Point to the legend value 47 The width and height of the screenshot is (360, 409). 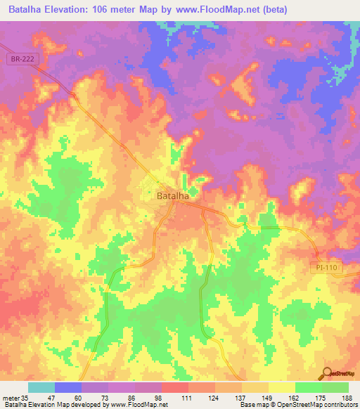tap(51, 398)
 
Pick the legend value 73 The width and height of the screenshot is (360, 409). tap(105, 398)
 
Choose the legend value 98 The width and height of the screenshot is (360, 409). tap(159, 398)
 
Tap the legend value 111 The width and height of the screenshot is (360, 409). tap(186, 398)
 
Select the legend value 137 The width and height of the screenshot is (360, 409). tap(240, 398)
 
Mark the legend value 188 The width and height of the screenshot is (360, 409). tap(347, 398)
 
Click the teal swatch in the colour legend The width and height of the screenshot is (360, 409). tap(41, 387)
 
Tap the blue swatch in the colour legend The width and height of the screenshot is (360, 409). tap(68, 387)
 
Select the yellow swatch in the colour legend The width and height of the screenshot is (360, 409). tap(281, 387)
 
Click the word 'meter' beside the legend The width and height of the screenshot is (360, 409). tap(9, 398)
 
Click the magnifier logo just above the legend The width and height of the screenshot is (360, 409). tap(327, 373)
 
